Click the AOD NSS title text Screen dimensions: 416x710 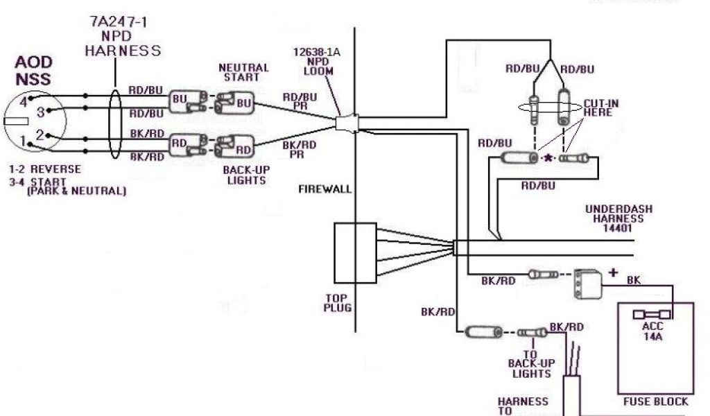click(33, 71)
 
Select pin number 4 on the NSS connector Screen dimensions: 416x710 click(24, 101)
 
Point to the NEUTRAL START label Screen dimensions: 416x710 click(243, 72)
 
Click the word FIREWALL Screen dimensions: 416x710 click(325, 189)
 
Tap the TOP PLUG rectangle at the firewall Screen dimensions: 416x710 click(355, 251)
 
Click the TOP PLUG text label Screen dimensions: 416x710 click(338, 303)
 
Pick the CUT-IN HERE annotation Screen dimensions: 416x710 click(600, 107)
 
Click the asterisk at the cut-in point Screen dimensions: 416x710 click(548, 159)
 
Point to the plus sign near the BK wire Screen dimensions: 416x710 click(612, 272)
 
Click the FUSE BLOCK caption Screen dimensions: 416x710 click(656, 401)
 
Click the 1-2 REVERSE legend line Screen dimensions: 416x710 click(45, 169)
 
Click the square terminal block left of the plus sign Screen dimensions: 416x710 click(585, 284)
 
